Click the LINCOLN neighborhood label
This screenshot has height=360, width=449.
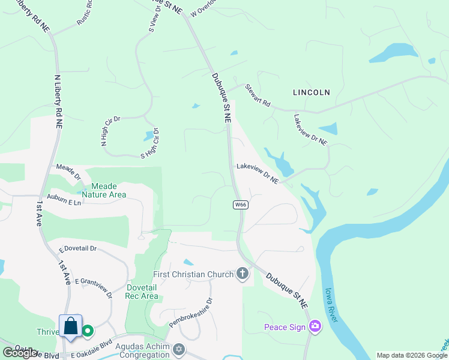click(x=312, y=92)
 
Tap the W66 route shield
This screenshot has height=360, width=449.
click(x=241, y=205)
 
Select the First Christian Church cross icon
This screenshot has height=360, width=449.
click(x=243, y=274)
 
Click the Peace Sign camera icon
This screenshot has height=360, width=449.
click(x=315, y=326)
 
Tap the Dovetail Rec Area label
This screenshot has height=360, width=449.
click(x=142, y=292)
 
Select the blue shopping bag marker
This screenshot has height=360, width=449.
click(x=71, y=326)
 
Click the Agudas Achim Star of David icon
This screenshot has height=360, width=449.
click(x=178, y=349)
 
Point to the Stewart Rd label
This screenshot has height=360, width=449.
click(x=258, y=95)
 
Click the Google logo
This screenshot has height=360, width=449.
click(x=20, y=353)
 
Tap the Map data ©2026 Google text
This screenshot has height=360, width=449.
click(x=412, y=355)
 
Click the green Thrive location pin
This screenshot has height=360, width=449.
click(x=88, y=331)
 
